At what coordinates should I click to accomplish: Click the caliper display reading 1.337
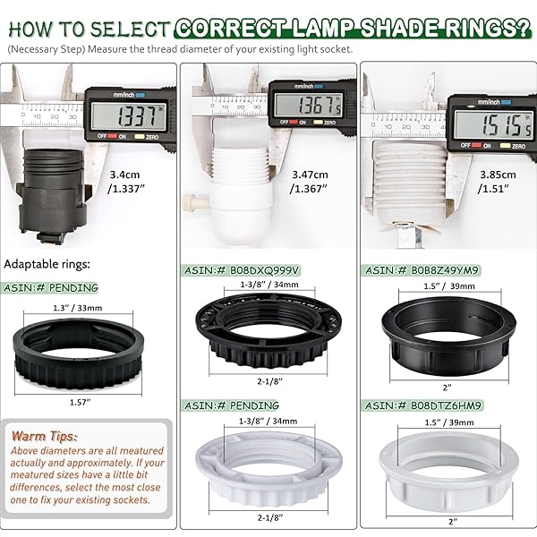129,116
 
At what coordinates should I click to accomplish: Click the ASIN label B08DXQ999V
242,270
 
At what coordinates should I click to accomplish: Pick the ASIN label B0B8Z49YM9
422,270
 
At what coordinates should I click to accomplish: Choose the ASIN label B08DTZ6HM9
423,405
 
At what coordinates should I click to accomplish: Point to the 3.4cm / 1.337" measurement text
125,182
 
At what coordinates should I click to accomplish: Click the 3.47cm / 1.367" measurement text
309,182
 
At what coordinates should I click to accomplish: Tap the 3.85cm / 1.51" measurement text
497,182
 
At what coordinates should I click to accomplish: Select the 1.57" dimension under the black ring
81,402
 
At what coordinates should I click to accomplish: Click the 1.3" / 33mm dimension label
78,308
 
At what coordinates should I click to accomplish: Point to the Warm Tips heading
45,437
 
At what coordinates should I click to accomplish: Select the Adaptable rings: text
47,264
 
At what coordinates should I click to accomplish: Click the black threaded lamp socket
52,195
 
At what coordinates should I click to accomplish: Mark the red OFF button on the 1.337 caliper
113,136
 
